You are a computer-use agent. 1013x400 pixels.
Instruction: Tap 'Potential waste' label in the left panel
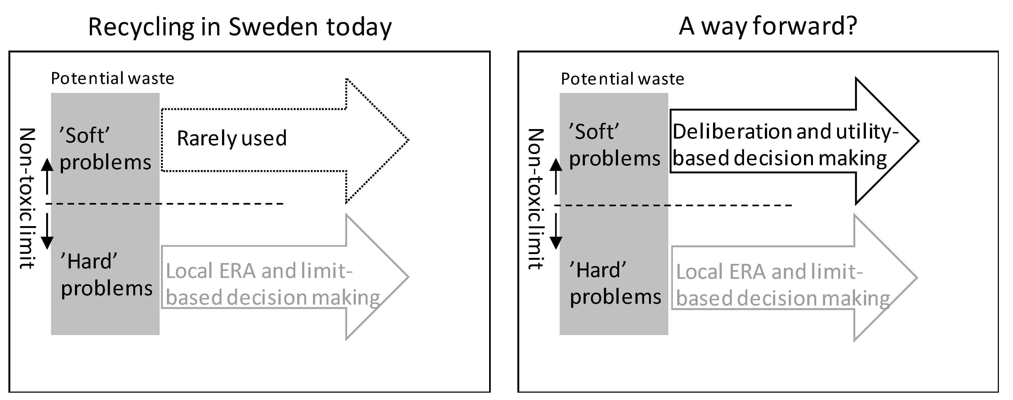(112, 79)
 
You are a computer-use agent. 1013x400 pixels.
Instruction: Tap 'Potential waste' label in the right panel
(622, 79)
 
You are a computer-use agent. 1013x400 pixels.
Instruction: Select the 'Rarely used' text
(232, 138)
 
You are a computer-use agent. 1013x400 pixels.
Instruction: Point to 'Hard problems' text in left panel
(106, 275)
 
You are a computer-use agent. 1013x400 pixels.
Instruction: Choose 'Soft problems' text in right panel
(614, 145)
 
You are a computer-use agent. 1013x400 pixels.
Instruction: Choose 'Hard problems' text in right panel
(615, 283)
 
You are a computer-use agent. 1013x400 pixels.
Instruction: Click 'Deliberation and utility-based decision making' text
(784, 145)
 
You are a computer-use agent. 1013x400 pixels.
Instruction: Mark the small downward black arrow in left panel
(47, 232)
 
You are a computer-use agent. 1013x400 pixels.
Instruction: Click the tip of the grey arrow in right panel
(916, 277)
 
